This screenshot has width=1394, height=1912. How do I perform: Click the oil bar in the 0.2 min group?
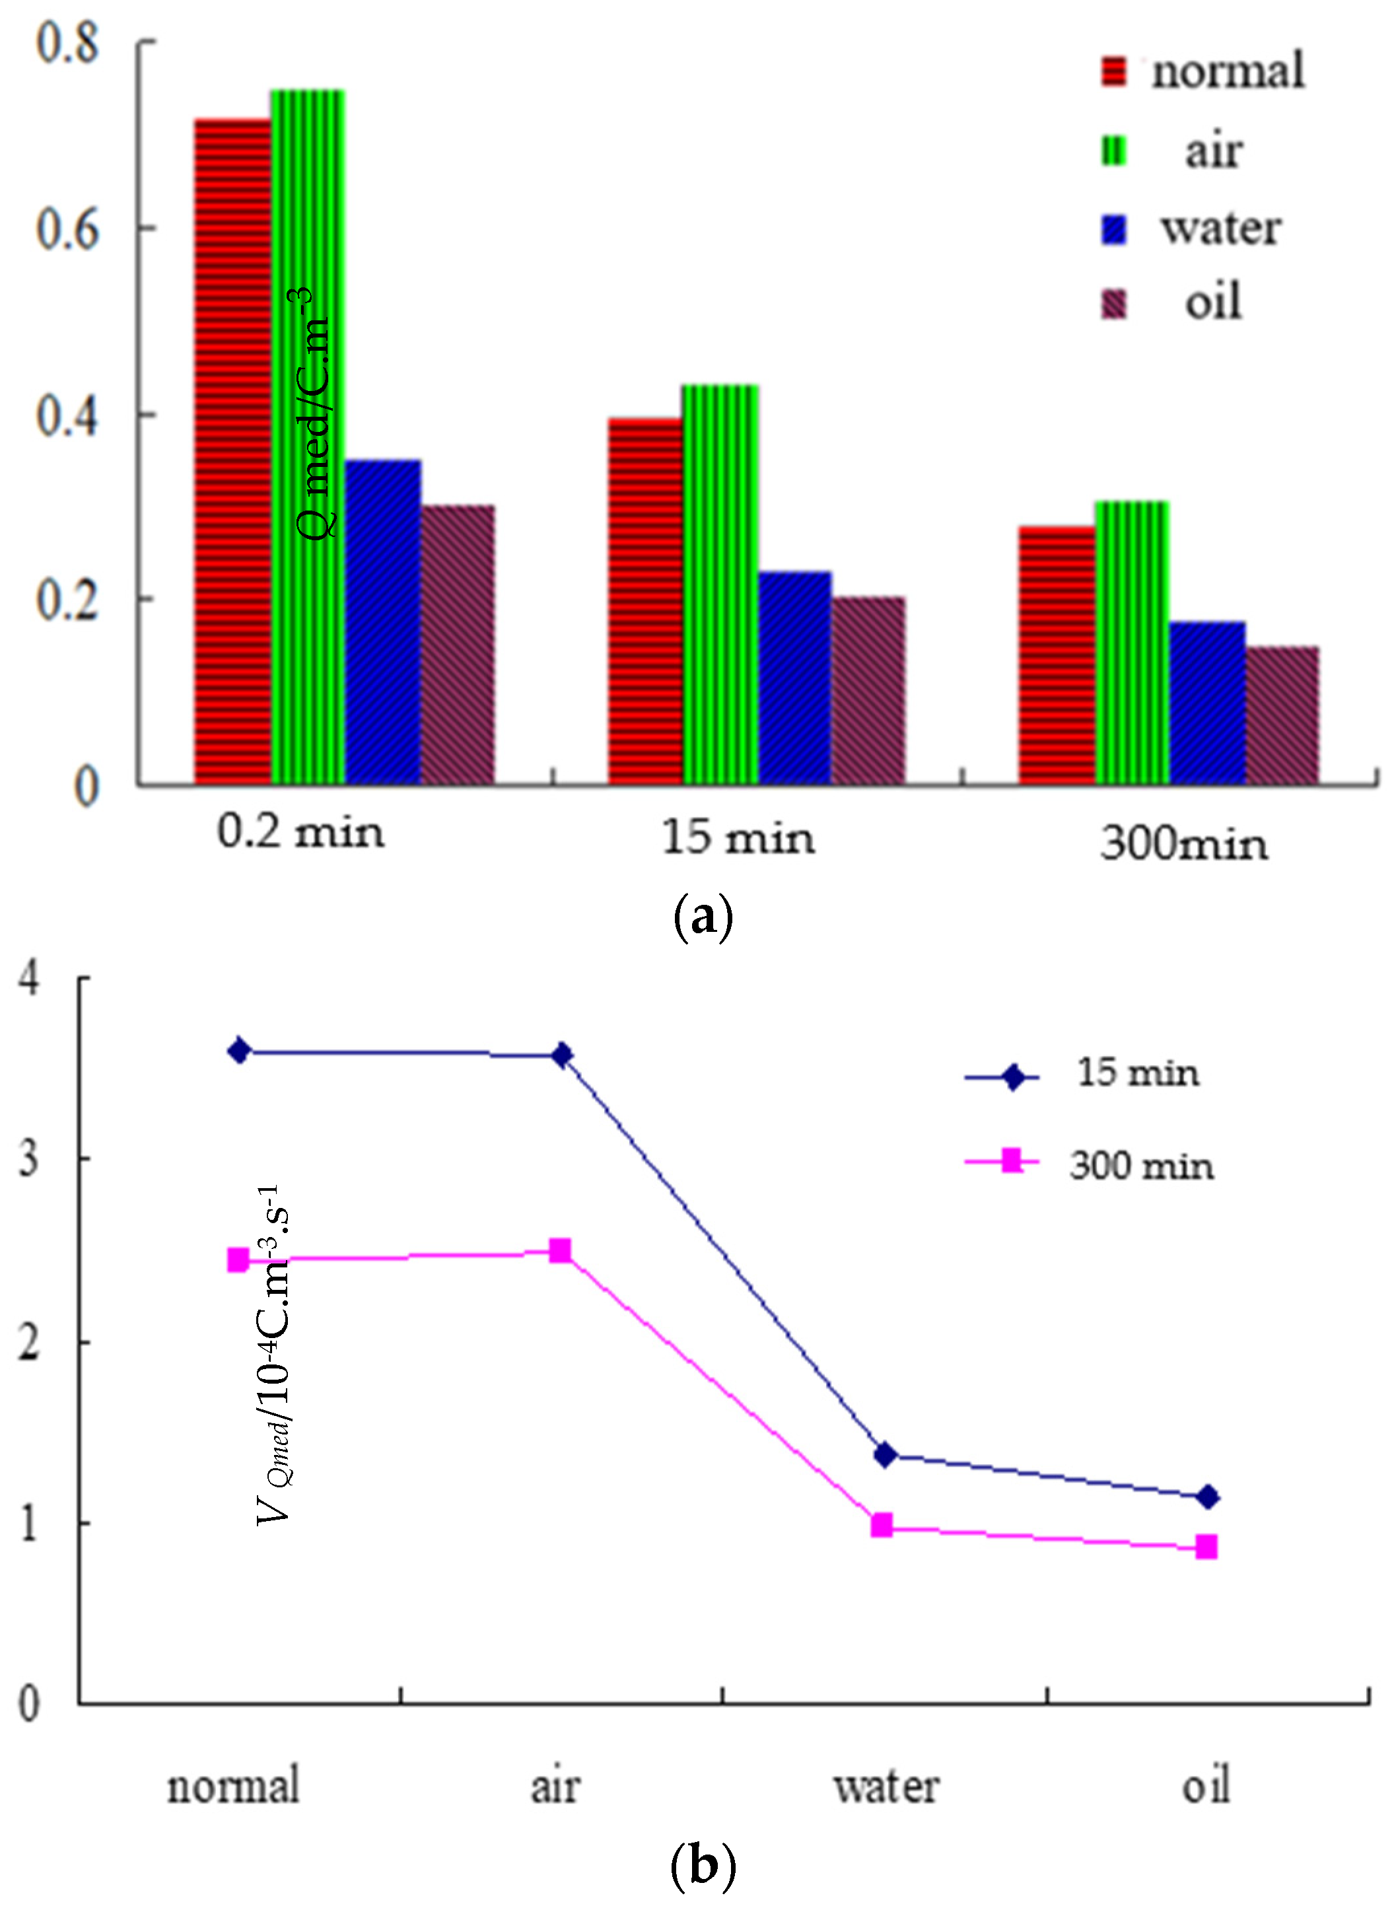tap(458, 645)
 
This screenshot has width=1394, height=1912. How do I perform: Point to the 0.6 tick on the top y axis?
tap(67, 230)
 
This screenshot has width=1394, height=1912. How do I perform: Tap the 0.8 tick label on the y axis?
tap(67, 42)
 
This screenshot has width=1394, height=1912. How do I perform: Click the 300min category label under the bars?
tap(1183, 844)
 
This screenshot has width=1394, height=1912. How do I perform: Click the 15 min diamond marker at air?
tap(562, 1055)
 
